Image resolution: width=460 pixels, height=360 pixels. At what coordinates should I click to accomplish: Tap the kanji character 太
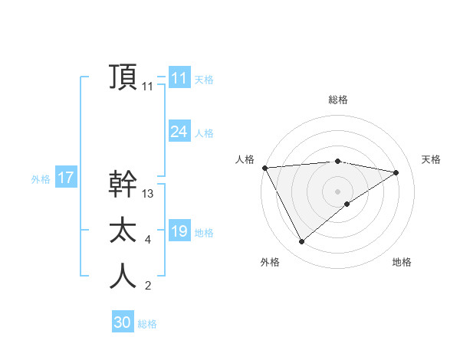point(123,231)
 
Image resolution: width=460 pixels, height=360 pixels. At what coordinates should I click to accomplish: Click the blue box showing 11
point(179,77)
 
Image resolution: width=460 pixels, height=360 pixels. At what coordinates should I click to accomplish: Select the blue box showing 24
point(179,131)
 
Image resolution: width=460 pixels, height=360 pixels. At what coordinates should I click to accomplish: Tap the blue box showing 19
point(179,231)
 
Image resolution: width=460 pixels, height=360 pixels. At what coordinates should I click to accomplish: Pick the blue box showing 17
point(65,178)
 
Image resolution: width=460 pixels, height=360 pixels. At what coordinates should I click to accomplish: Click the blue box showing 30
point(122,322)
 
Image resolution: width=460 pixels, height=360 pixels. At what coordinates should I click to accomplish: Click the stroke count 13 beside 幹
point(148,194)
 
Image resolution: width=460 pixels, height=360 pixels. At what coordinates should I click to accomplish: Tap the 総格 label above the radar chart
point(338,100)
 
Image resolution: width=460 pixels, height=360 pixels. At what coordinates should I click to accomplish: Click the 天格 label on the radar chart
point(431,159)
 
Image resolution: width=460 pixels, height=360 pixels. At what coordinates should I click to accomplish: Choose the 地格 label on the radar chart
point(402,262)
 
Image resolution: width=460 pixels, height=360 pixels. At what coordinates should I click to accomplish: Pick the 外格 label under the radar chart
point(270,262)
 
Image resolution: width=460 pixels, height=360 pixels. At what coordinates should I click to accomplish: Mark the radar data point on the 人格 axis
point(264,167)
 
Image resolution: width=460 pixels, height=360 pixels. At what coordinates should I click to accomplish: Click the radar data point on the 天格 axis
point(396,172)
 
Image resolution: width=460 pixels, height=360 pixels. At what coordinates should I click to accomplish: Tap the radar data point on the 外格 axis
point(301,242)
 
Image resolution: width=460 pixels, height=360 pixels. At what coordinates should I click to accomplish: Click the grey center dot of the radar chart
point(338,191)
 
